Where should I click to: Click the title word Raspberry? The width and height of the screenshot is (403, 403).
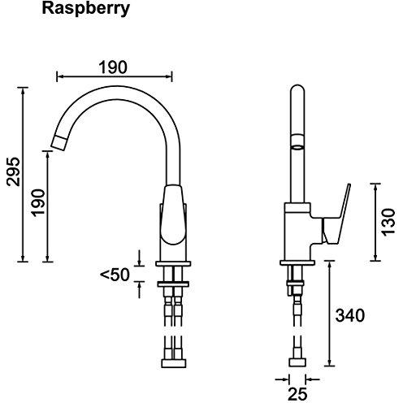point(85,9)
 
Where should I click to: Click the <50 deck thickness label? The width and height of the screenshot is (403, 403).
point(115,275)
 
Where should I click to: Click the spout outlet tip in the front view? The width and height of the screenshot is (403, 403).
point(59,142)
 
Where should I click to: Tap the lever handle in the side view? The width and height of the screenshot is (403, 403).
point(336,214)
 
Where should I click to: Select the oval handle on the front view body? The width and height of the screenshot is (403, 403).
point(173,215)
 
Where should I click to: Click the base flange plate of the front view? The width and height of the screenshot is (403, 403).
point(173,263)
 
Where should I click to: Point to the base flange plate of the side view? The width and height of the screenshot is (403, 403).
point(297,262)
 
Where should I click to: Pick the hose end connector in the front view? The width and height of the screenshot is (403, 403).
point(174,363)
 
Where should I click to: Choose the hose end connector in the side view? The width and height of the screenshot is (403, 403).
point(297,362)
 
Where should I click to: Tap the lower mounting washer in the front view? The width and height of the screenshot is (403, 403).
point(173,284)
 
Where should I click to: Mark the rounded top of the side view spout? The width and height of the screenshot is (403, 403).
point(297,90)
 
